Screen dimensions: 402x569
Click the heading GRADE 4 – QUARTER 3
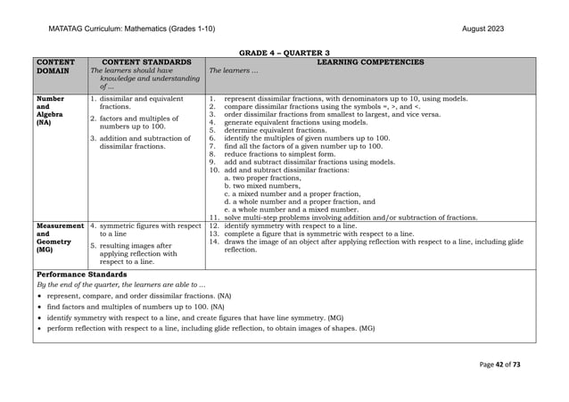pos(284,53)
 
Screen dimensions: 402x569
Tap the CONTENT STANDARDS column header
pos(147,62)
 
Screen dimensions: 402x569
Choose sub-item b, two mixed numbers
pos(263,185)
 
